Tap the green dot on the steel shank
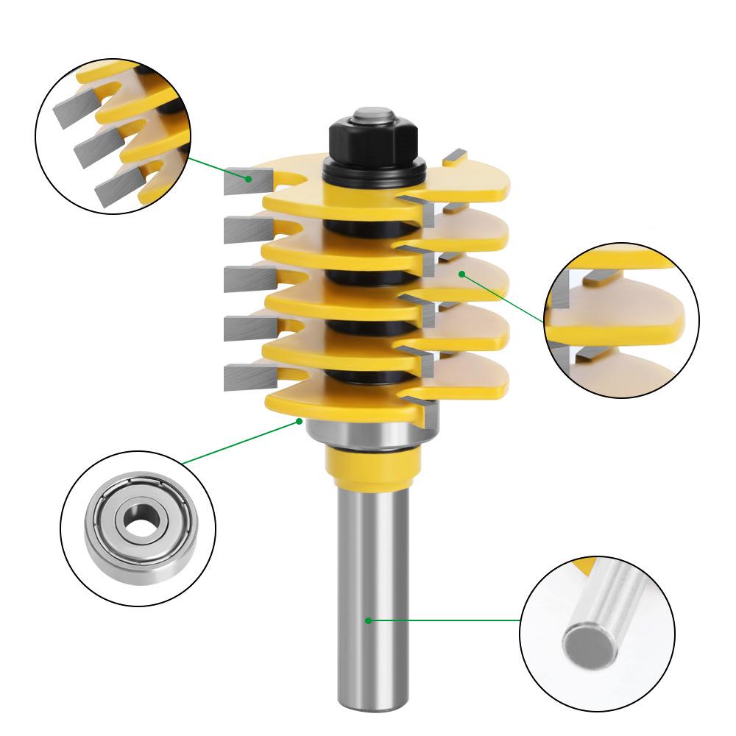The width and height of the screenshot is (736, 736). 368,620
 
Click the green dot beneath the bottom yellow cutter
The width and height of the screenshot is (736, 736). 300,421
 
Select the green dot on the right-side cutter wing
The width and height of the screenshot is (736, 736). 461,273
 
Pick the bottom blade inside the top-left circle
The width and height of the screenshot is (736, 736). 114,188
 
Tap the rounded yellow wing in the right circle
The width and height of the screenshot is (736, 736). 648,321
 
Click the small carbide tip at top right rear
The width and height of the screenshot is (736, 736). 455,155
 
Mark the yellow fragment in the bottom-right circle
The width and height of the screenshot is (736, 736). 585,565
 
